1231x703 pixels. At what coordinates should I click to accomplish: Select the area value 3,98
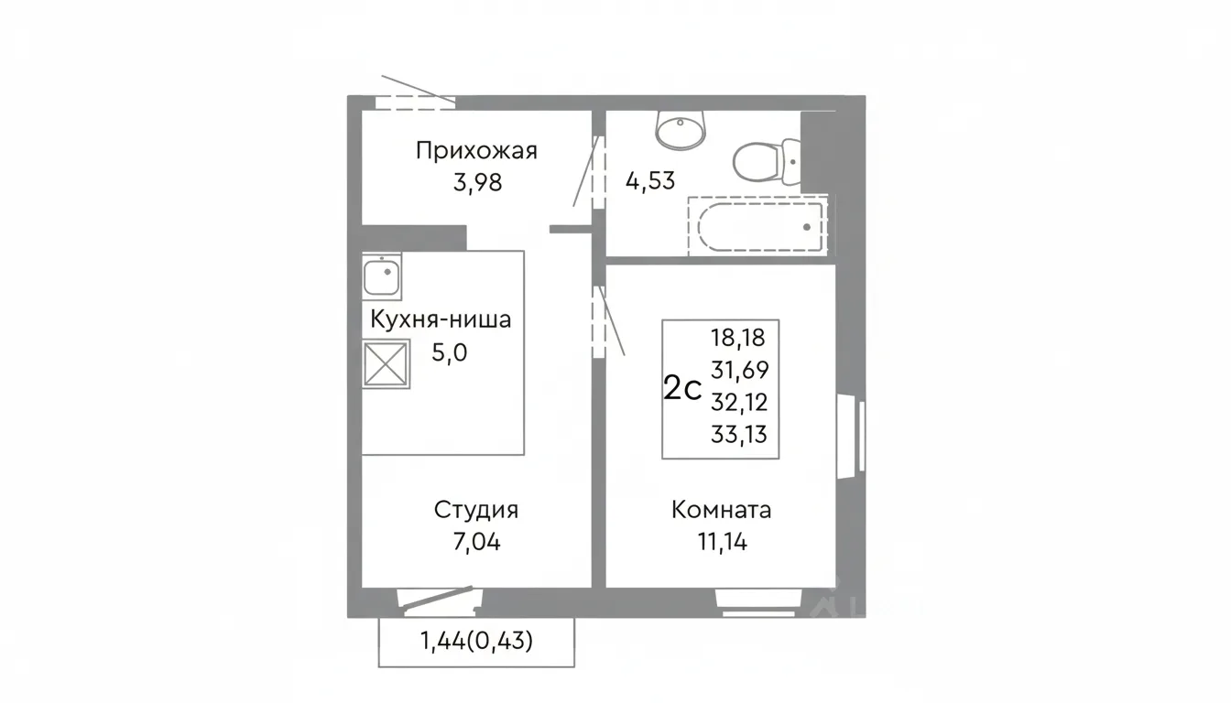[477, 182]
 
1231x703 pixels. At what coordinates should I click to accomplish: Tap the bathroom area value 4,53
[650, 180]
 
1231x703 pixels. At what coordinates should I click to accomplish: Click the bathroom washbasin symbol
[681, 130]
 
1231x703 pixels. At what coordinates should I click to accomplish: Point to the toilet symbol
[767, 163]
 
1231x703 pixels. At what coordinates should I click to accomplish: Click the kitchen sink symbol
[381, 276]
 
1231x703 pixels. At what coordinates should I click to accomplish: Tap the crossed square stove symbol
[386, 363]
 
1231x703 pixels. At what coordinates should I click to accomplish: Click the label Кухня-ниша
[441, 319]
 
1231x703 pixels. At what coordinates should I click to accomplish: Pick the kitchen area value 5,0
[449, 352]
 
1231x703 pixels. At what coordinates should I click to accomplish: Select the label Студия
[476, 511]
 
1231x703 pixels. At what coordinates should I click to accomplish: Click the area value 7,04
[477, 542]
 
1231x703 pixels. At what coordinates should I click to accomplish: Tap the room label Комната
[721, 510]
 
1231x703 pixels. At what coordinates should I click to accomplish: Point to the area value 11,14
[723, 542]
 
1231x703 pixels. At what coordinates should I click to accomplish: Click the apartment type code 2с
[682, 388]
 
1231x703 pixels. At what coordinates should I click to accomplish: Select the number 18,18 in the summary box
[738, 337]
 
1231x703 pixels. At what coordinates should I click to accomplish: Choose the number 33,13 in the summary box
[739, 435]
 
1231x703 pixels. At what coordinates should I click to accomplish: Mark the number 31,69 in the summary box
[740, 370]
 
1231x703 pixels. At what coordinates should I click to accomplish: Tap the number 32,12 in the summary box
[739, 403]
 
